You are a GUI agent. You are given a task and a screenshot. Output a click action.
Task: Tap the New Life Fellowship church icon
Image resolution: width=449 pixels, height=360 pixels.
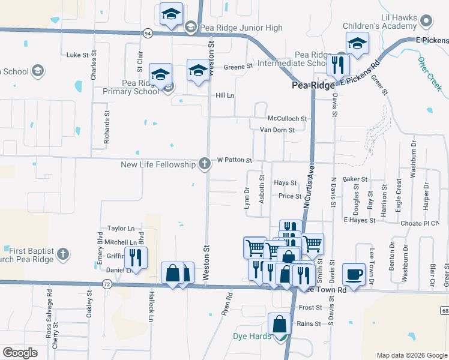pyautogui.click(x=205, y=164)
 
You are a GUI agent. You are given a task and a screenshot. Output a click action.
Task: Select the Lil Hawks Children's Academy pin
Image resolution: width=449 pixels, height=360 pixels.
pyautogui.click(x=427, y=22)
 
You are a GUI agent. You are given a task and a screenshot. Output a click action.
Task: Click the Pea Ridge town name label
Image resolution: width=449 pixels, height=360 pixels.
pyautogui.click(x=313, y=86)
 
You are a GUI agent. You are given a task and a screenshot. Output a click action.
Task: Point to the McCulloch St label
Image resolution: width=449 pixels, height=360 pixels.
pyautogui.click(x=287, y=119)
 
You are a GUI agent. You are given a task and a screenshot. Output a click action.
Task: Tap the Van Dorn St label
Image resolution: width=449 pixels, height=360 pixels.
pyautogui.click(x=277, y=130)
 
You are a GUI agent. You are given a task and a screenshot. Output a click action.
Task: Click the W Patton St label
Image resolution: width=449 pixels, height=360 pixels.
pyautogui.click(x=234, y=160)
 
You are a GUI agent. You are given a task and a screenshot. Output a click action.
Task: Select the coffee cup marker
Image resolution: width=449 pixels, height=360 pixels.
pyautogui.click(x=354, y=274)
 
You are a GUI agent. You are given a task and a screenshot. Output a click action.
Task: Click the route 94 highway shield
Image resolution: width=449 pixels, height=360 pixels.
pyautogui.click(x=147, y=34)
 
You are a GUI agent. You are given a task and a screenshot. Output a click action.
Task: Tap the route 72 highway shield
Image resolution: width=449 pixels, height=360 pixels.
pyautogui.click(x=106, y=282)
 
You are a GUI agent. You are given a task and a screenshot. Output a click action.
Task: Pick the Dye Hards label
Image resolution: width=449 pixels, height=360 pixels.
pyautogui.click(x=252, y=336)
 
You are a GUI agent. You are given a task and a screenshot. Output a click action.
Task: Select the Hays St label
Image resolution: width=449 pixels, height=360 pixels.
pyautogui.click(x=285, y=182)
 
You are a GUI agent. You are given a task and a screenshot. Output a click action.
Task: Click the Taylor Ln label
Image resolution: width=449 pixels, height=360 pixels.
pyautogui.click(x=121, y=229)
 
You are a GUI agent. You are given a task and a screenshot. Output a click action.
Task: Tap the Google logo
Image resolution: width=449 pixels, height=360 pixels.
pyautogui.click(x=20, y=353)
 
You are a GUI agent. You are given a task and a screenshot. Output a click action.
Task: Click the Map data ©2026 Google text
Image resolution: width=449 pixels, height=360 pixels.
pyautogui.click(x=411, y=355)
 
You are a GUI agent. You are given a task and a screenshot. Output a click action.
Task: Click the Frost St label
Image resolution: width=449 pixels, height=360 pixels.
pyautogui.click(x=310, y=307)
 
